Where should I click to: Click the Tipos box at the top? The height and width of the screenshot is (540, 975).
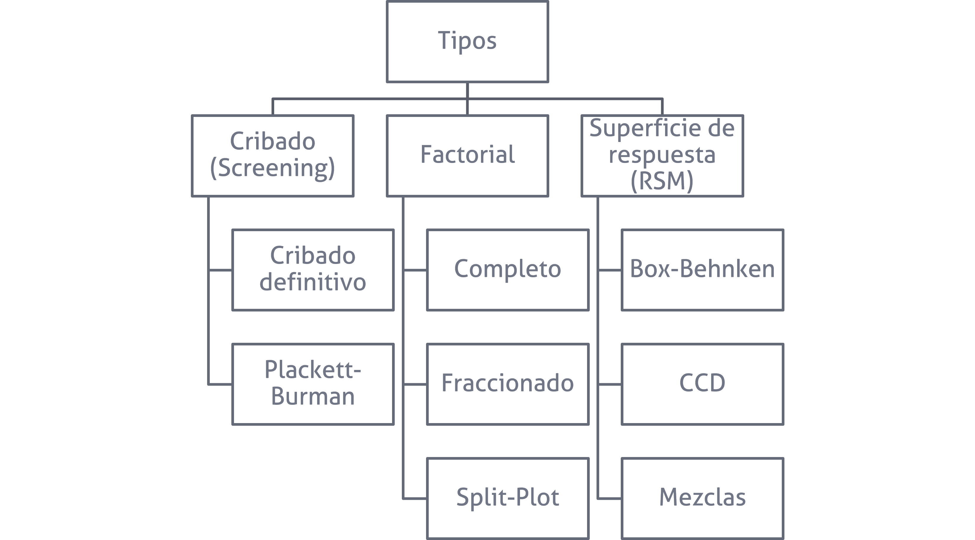[467, 42]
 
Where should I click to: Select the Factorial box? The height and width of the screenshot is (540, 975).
[467, 156]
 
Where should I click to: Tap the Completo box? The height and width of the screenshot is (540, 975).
[508, 270]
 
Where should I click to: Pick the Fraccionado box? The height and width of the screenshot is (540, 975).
[508, 384]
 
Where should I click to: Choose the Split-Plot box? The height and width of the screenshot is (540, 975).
[508, 498]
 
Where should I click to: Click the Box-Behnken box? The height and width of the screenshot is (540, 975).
[703, 270]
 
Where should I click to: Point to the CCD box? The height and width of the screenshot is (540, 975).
[703, 384]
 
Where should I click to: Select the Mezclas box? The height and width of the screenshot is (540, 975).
[703, 498]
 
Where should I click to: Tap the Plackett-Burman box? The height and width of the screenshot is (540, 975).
[313, 384]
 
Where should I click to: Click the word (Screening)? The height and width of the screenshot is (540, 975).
[272, 169]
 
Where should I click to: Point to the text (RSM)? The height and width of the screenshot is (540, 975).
[662, 181]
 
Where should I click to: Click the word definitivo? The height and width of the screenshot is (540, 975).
[313, 282]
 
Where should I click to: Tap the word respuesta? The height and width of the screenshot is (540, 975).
[662, 155]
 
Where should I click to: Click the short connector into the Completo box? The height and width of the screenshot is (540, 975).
[415, 270]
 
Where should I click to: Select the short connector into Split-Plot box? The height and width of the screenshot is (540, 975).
[415, 498]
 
